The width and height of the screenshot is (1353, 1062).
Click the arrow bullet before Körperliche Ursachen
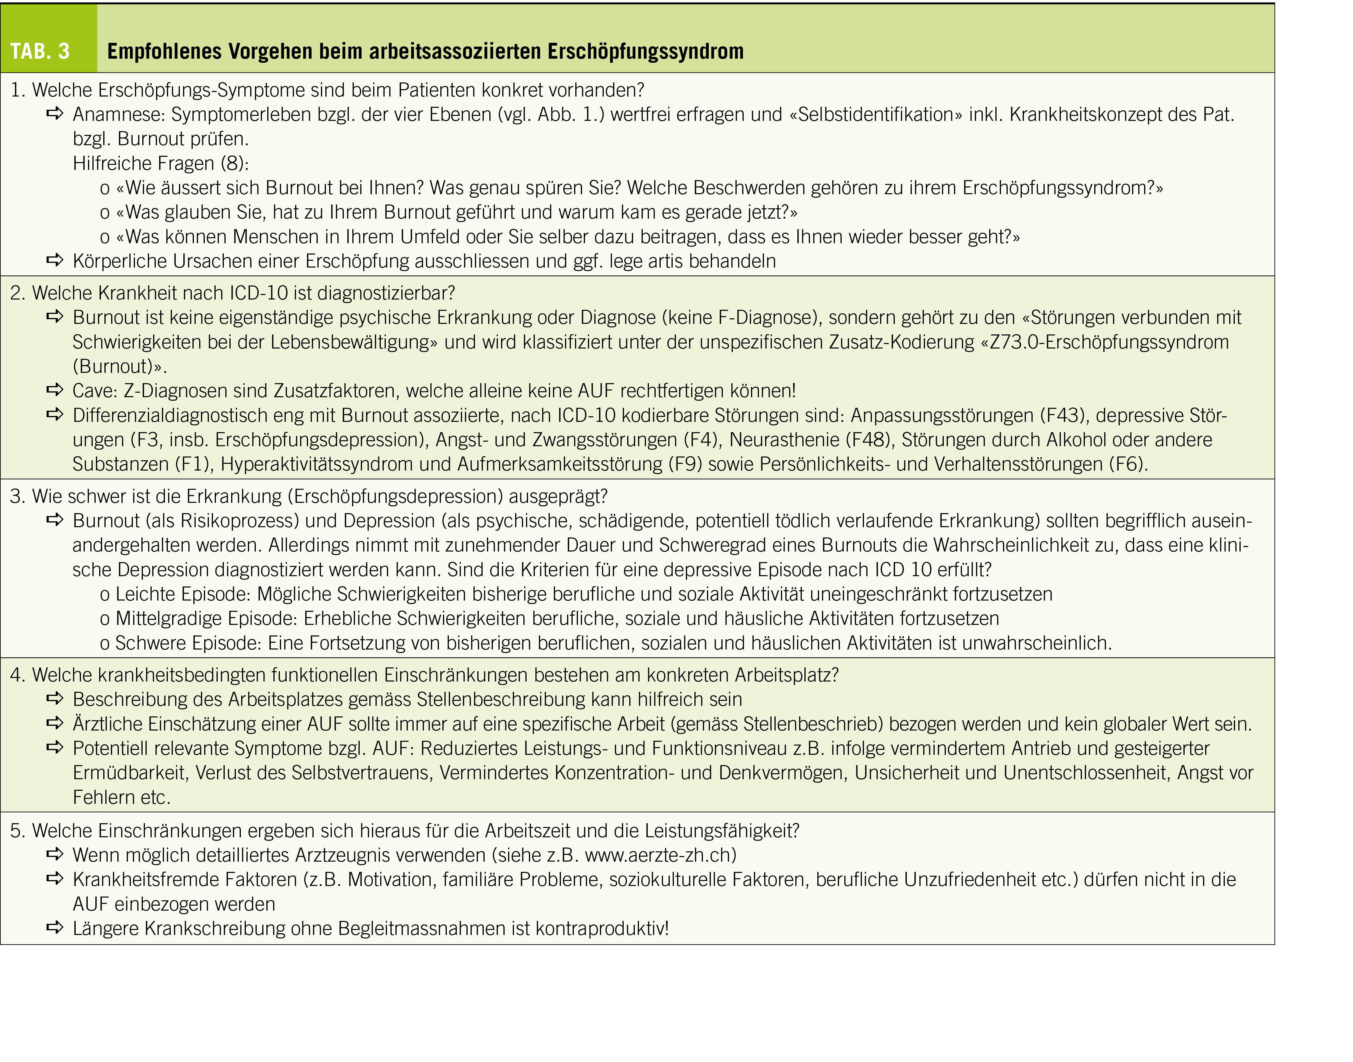(x=55, y=261)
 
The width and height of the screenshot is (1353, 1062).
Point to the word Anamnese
(x=118, y=114)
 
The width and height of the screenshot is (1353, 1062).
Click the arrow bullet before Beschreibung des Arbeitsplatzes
(x=55, y=699)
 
